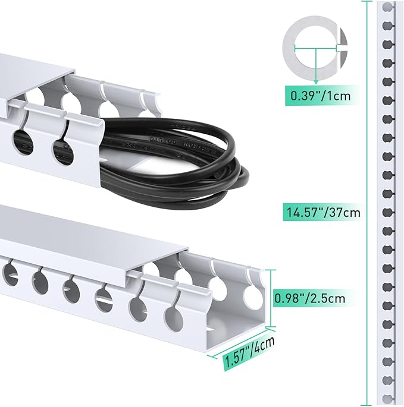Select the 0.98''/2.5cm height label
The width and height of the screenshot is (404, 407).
coord(309,296)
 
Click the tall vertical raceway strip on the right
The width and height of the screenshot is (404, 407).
coord(387,202)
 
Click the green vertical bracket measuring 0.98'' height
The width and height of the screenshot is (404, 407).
coord(274,299)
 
